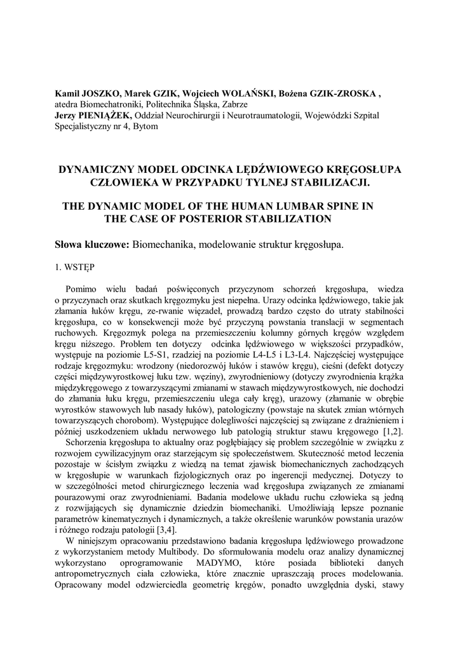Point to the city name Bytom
145,126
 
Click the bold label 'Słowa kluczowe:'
91,245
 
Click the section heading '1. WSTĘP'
74,268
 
